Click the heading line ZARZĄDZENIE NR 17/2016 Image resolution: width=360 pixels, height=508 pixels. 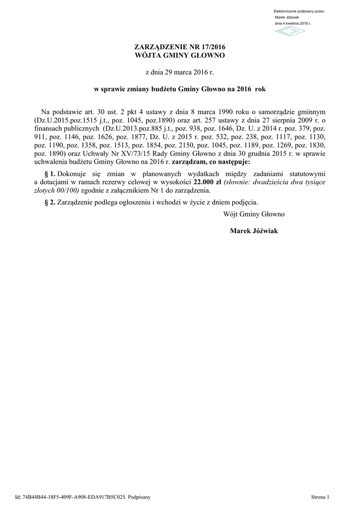[x=180, y=47]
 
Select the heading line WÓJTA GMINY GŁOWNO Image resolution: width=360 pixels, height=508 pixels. [x=180, y=55]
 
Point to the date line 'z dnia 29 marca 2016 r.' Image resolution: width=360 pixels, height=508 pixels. [x=179, y=72]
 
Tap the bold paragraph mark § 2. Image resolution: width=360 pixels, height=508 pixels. [x=50, y=202]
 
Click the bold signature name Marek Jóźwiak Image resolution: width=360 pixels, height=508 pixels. [x=254, y=231]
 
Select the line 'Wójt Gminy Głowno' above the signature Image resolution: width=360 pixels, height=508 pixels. [x=254, y=214]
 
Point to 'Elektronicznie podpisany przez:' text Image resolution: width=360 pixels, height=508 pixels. [x=299, y=11]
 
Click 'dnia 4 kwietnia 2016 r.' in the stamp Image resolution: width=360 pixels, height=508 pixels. [x=292, y=23]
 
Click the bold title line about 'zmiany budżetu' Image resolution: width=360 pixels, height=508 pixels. [x=180, y=90]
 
